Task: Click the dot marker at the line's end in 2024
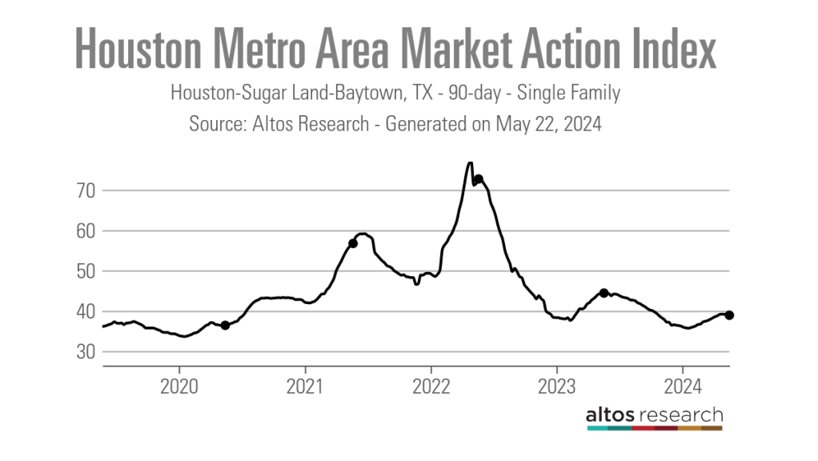[729, 315]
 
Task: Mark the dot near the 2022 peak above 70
[478, 179]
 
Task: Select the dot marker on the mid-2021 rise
[353, 243]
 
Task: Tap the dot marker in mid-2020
[226, 325]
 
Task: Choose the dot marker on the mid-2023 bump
[604, 293]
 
